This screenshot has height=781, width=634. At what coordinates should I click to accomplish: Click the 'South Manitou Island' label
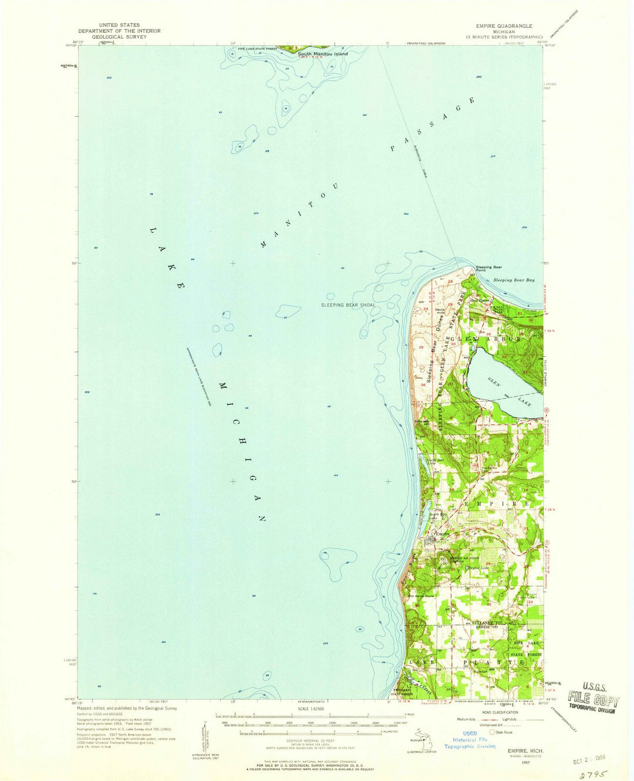(x=322, y=54)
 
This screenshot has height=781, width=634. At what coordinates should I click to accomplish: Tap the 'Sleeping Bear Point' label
(x=488, y=269)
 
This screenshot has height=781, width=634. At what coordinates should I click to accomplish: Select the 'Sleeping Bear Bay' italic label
(x=514, y=280)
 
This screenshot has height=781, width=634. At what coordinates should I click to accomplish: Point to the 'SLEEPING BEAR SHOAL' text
(x=348, y=305)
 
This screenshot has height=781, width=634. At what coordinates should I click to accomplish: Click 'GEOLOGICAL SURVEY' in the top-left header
(x=119, y=36)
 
